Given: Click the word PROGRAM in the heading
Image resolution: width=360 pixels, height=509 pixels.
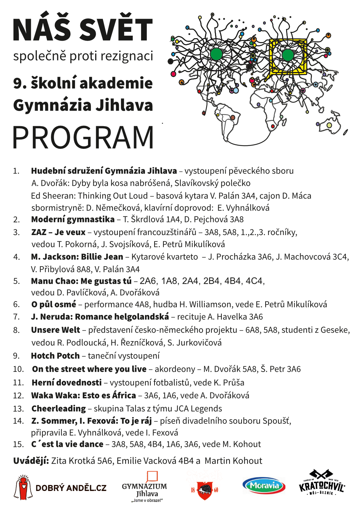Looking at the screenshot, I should click(83, 137).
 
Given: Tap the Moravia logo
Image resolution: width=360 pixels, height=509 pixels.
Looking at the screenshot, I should click(264, 486).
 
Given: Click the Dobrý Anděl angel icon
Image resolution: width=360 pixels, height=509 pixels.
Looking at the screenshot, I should click(23, 487).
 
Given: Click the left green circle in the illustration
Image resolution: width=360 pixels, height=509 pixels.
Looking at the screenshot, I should click(216, 54).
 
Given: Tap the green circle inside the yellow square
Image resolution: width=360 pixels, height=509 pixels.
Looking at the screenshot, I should click(288, 55).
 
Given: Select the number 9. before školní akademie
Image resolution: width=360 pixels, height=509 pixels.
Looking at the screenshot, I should click(20, 83).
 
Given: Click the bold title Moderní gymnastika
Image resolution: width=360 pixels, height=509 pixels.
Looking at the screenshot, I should click(73, 220).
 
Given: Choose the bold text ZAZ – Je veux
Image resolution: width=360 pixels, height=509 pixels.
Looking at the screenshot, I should click(58, 232).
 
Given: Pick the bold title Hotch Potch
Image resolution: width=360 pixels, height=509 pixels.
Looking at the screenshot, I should click(55, 356).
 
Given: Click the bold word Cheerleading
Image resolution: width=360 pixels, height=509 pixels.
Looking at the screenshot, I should click(59, 409).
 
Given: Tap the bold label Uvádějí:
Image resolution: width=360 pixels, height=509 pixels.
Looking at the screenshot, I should click(31, 461).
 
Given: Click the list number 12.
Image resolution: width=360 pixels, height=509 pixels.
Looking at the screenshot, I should click(18, 396).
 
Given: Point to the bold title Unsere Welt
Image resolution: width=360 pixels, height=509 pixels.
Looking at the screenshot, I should click(56, 330).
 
